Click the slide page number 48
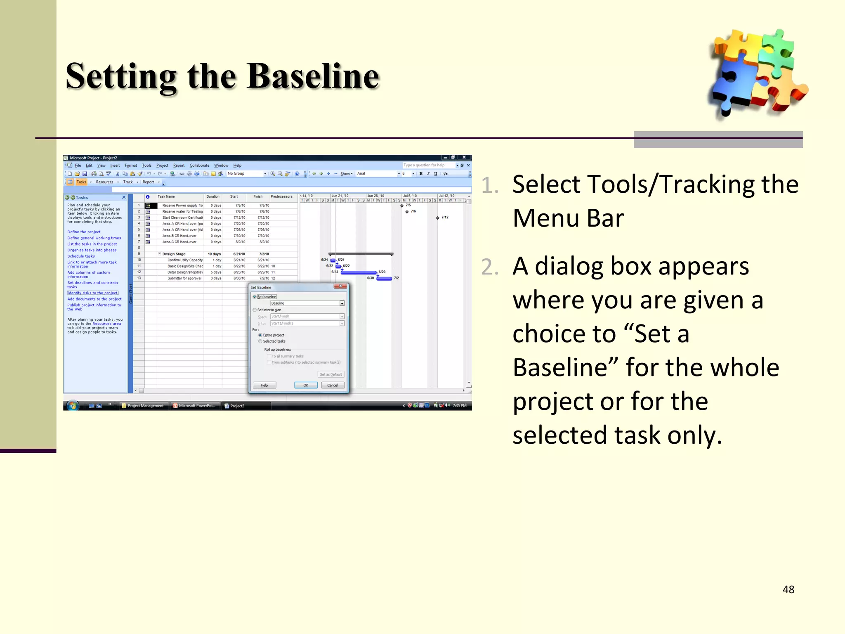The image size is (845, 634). [x=788, y=589]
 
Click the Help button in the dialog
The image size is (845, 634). [x=264, y=385]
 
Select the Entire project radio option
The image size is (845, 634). [x=260, y=335]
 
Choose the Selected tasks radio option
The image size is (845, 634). [x=260, y=341]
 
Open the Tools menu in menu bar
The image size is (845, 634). [x=146, y=166]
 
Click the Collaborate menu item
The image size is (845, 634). [x=199, y=166]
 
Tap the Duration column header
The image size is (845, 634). [x=213, y=197]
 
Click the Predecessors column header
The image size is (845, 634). [x=281, y=197]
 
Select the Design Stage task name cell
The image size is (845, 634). [x=174, y=254]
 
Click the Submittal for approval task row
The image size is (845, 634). [x=184, y=279]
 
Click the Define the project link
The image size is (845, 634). [x=84, y=232]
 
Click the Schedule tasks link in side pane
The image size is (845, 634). [x=81, y=256]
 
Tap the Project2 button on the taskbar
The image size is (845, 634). [x=237, y=406]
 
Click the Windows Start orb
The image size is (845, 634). [x=73, y=405]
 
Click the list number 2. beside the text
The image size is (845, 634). [x=490, y=267]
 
